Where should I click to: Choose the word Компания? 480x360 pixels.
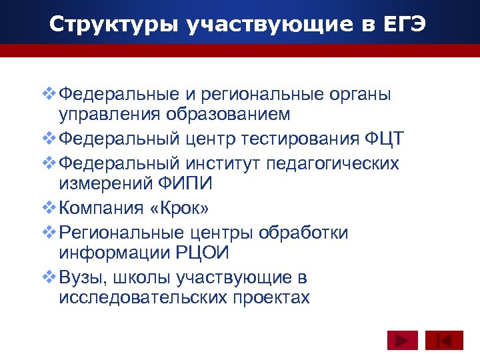[99, 209]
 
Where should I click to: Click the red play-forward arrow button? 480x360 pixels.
[402, 341]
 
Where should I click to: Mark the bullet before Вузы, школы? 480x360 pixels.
[49, 276]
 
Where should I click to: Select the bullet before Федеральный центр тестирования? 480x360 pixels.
[49, 138]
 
